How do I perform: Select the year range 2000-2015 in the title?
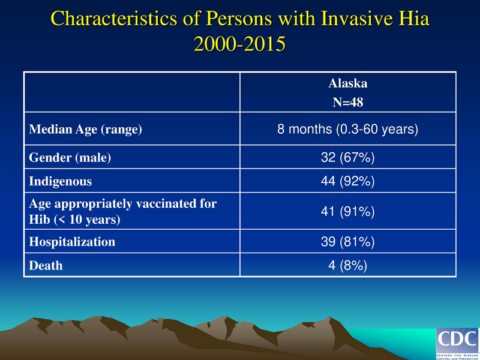click(240, 44)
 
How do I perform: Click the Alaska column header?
click(348, 85)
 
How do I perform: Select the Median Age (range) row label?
click(86, 129)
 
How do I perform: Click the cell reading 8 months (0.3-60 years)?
click(348, 129)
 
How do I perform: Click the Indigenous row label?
click(62, 180)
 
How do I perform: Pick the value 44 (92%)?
click(348, 180)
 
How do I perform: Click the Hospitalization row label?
click(72, 242)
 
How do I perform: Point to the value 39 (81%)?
click(348, 242)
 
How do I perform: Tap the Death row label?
click(46, 265)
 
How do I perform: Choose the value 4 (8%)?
click(348, 265)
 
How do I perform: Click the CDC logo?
click(457, 343)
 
